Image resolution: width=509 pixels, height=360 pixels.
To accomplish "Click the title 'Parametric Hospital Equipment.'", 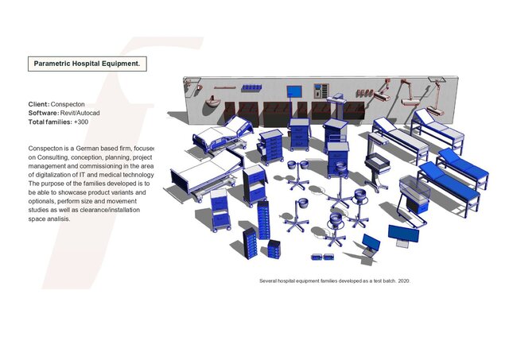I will pos(87,63).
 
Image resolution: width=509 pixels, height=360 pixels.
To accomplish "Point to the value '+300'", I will pos(81,122).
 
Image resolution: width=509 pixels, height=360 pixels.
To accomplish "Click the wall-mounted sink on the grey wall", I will pos(212,101).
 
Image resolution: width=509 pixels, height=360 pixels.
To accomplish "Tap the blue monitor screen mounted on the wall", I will pos(293,90).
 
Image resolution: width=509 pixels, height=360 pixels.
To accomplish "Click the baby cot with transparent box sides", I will pos(413,195).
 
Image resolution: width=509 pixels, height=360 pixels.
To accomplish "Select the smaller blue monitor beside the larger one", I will pos(370,241).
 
